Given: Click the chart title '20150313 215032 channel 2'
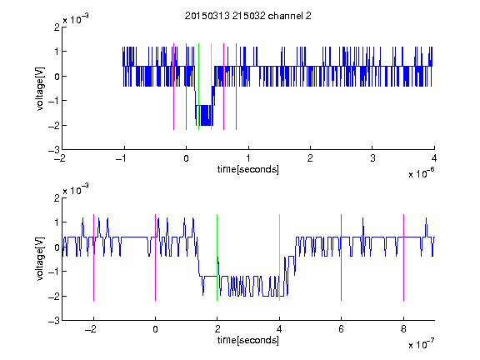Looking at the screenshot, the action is pyautogui.click(x=248, y=16).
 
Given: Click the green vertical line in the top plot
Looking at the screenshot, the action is pyautogui.click(x=198, y=87).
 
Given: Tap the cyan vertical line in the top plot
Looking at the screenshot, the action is pyautogui.click(x=211, y=87).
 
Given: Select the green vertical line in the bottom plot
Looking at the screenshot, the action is pyautogui.click(x=217, y=257).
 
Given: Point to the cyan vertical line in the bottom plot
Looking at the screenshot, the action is pyautogui.click(x=279, y=257).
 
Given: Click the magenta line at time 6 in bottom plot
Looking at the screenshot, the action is pyautogui.click(x=342, y=257).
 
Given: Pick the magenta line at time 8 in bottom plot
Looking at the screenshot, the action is pyautogui.click(x=404, y=257).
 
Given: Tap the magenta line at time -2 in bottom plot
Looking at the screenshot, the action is pyautogui.click(x=93, y=257).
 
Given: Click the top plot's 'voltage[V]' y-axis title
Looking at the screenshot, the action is pyautogui.click(x=40, y=88).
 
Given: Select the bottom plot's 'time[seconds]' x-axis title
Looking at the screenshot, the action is pyautogui.click(x=248, y=340).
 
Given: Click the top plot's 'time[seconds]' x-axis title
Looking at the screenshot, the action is pyautogui.click(x=248, y=169).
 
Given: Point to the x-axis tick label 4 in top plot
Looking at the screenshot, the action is pyautogui.click(x=434, y=158).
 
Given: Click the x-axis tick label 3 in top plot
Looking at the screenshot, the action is pyautogui.click(x=372, y=158).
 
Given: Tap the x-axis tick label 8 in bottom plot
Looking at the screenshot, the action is pyautogui.click(x=403, y=329).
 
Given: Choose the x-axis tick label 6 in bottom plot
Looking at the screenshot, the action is pyautogui.click(x=342, y=329).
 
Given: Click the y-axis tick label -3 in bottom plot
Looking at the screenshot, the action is pyautogui.click(x=54, y=321).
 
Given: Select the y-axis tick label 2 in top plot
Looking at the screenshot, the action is pyautogui.click(x=57, y=27).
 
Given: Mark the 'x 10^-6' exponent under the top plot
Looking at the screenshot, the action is pyautogui.click(x=421, y=173).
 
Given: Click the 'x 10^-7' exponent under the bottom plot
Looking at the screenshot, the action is pyautogui.click(x=421, y=344).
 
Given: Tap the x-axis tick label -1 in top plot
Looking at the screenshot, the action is pyautogui.click(x=121, y=158).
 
